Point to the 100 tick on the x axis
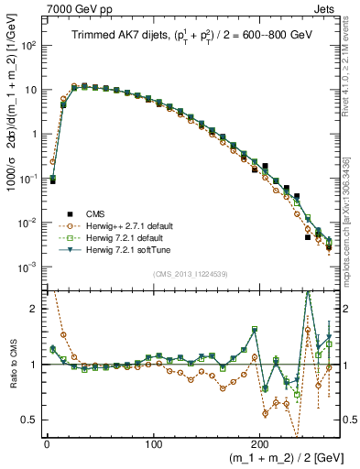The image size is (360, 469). point(153,444)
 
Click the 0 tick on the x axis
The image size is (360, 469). point(47,444)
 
